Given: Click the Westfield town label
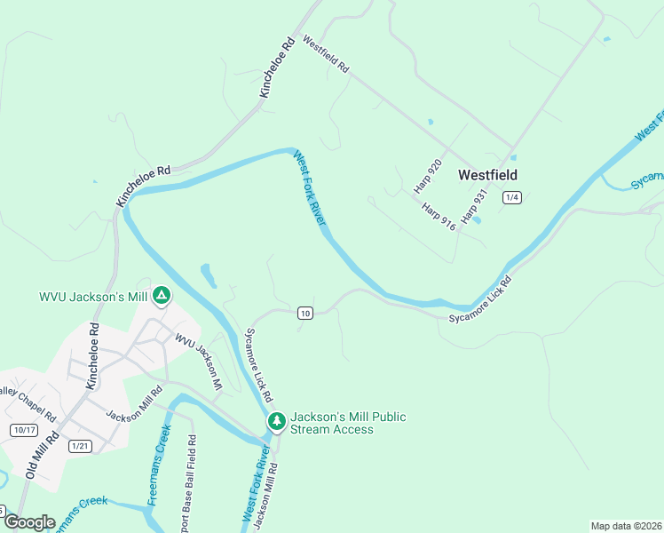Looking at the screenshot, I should pyautogui.click(x=487, y=175).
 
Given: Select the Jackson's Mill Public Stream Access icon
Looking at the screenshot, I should pyautogui.click(x=277, y=421).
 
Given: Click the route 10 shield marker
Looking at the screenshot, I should pyautogui.click(x=305, y=313).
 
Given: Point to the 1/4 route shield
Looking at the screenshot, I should pyautogui.click(x=510, y=197).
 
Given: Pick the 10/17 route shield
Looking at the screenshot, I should pyautogui.click(x=25, y=430).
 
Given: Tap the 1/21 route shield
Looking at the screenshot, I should pyautogui.click(x=80, y=446).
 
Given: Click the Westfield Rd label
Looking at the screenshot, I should pyautogui.click(x=326, y=54).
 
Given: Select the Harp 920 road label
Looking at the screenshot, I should pyautogui.click(x=428, y=177).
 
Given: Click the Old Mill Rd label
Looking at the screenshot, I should pyautogui.click(x=42, y=457).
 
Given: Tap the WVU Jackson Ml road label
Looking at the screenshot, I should pyautogui.click(x=197, y=362).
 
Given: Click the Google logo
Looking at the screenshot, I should pyautogui.click(x=28, y=522).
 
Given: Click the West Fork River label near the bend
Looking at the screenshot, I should pyautogui.click(x=310, y=187).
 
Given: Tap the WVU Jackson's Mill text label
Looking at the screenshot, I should pyautogui.click(x=92, y=297).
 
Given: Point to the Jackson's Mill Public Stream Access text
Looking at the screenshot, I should pyautogui.click(x=348, y=423).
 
